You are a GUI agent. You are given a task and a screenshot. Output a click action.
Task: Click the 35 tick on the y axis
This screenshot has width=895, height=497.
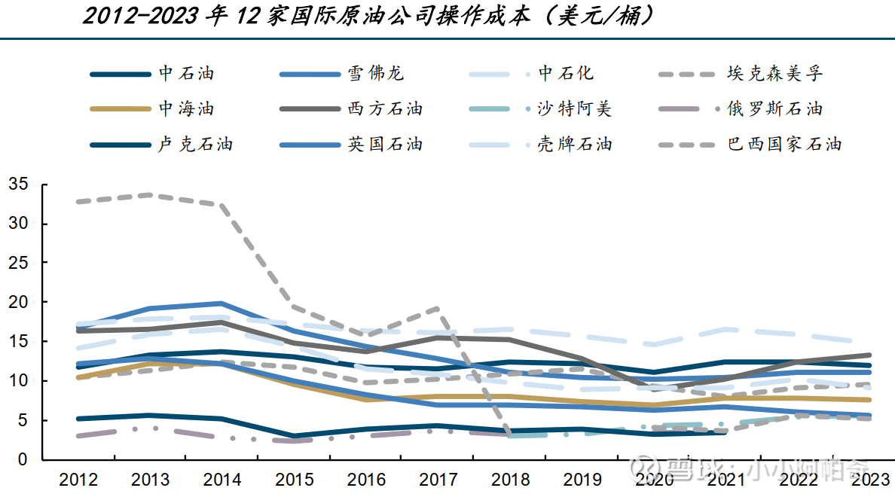pos(19,184)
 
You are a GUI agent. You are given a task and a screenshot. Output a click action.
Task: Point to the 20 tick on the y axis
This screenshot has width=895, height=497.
pos(19,302)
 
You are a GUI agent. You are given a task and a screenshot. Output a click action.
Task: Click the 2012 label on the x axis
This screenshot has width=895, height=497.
pos(78,480)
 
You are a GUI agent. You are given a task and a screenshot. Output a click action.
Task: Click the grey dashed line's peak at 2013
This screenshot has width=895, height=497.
pos(150,195)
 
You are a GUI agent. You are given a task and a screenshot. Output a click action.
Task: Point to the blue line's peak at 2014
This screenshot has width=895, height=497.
pos(221,303)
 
